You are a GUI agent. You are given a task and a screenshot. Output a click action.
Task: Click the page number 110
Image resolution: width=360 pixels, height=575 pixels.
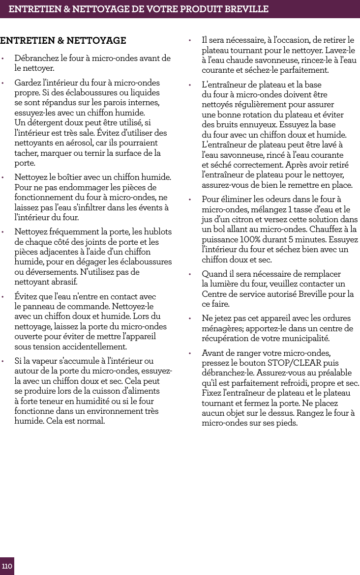pos(7,567)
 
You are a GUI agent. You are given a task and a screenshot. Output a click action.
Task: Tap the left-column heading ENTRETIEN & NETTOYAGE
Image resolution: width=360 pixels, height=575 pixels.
pos(63,40)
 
